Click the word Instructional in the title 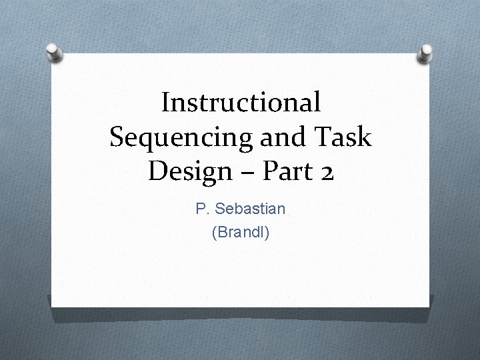click(241, 103)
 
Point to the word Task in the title click(345, 137)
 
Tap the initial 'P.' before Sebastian click(201, 209)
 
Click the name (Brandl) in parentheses click(241, 233)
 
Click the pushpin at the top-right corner click(424, 53)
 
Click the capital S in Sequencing click(117, 137)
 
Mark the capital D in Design click(157, 171)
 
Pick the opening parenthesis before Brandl click(213, 233)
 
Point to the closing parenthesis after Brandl click(267, 233)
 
